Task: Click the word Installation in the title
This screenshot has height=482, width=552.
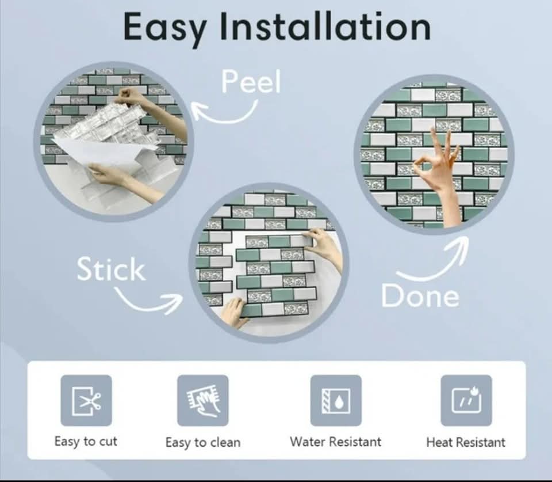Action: pos(325,25)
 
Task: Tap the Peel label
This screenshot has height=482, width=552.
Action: pos(251,82)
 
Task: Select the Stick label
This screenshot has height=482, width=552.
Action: pos(111,269)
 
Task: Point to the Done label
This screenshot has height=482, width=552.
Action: pos(420,295)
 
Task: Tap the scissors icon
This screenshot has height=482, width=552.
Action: pos(86,401)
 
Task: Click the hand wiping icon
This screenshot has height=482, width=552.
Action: pos(203,401)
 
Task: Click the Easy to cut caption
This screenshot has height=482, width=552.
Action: pos(86,442)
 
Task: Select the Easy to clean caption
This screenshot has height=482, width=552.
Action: pos(203,442)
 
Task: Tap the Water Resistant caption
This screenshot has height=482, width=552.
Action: pos(335,442)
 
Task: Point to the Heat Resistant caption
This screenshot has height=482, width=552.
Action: pos(466,442)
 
